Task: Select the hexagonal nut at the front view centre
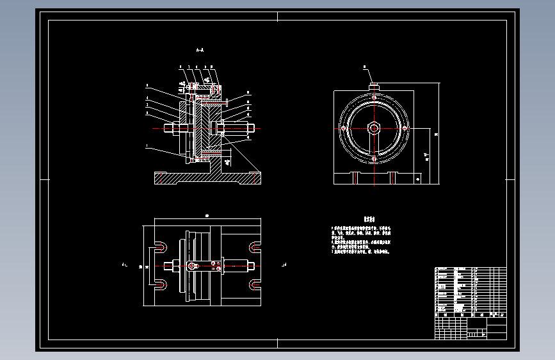[374, 128]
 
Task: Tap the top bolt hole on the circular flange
[374, 97]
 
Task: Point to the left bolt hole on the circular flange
[344, 128]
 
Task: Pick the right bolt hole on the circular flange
[405, 128]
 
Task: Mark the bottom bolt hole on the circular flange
[374, 158]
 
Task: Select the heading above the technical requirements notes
[368, 218]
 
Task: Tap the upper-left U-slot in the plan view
[161, 247]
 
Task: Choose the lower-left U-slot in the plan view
[161, 284]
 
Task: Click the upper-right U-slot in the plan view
[255, 247]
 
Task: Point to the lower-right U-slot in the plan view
[255, 284]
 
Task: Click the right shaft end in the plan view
[252, 265]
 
